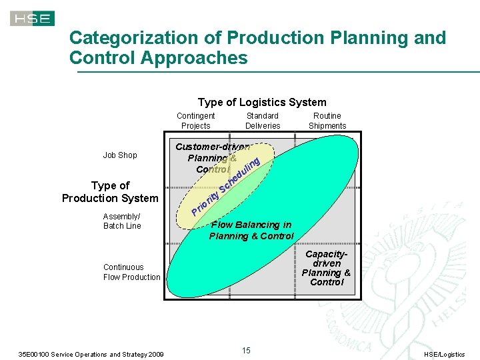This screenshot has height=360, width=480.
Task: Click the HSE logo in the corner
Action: pyautogui.click(x=32, y=19)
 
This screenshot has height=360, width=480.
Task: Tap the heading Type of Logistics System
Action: pyautogui.click(x=262, y=102)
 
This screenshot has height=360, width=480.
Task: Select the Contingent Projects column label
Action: pyautogui.click(x=195, y=121)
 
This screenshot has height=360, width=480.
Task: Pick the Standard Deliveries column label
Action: pyautogui.click(x=263, y=121)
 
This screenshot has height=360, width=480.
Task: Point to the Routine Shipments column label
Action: pyautogui.click(x=327, y=121)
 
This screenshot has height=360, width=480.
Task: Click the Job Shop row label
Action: pyautogui.click(x=120, y=155)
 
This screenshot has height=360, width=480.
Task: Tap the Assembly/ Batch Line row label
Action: pyautogui.click(x=122, y=221)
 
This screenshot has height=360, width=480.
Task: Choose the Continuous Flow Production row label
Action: pyautogui.click(x=131, y=272)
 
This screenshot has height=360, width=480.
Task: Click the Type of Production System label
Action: pyautogui.click(x=110, y=191)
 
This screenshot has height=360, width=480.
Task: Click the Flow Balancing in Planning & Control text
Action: pyautogui.click(x=251, y=231)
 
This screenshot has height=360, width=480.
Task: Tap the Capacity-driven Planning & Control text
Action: pyautogui.click(x=326, y=268)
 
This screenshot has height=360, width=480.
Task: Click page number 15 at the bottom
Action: pyautogui.click(x=246, y=351)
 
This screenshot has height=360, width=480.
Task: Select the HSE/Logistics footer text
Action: pyautogui.click(x=445, y=354)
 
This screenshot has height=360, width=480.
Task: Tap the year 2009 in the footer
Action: pyautogui.click(x=154, y=354)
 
